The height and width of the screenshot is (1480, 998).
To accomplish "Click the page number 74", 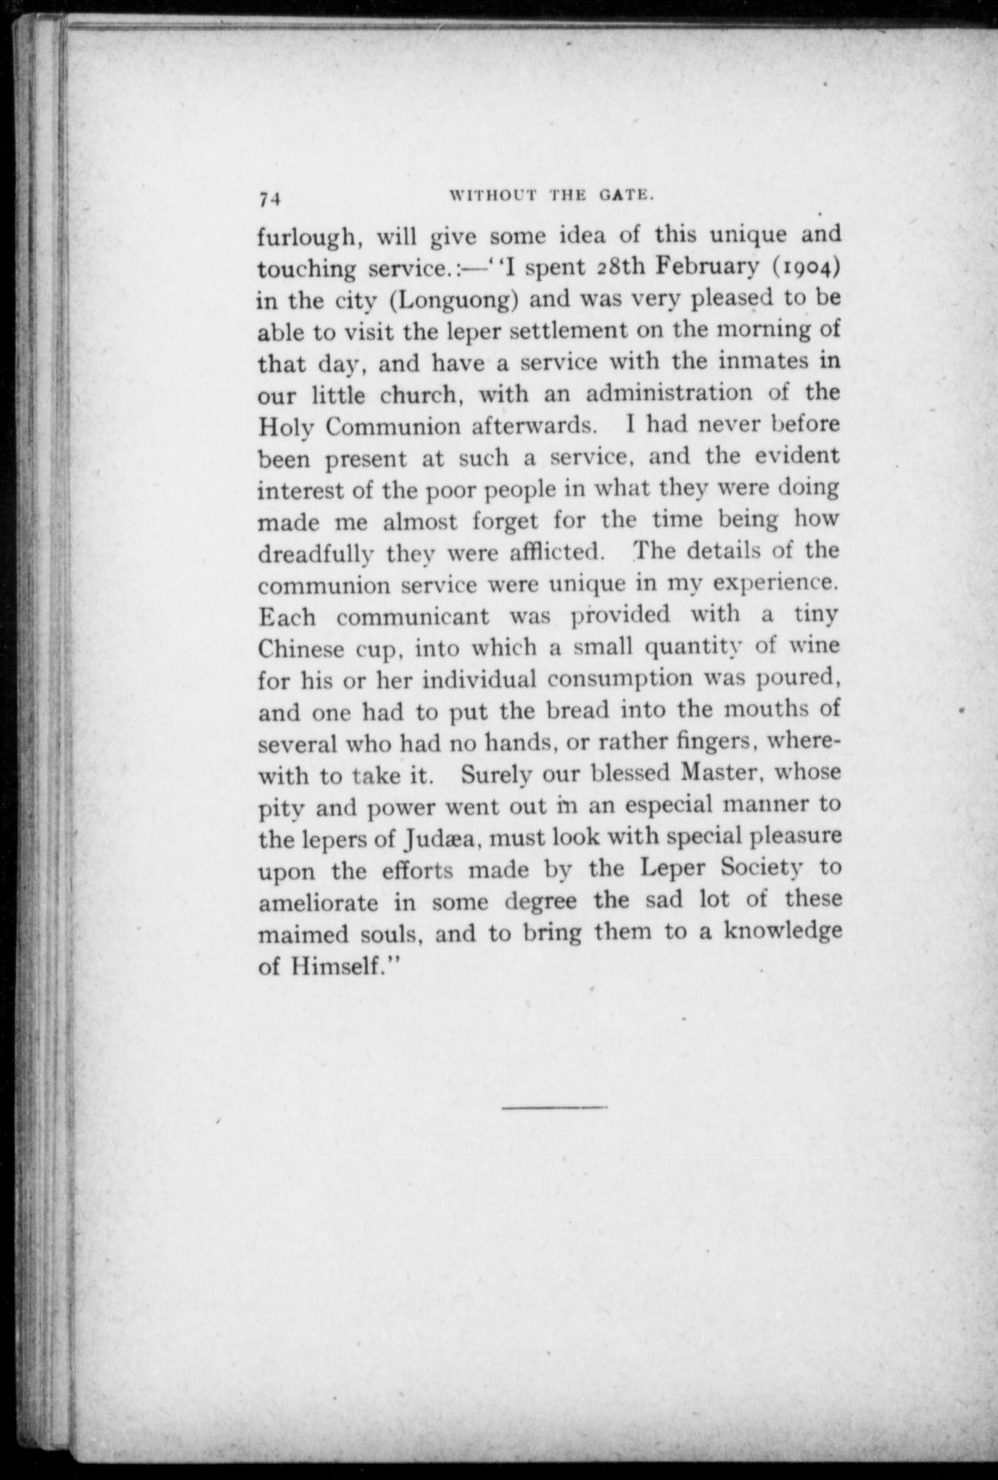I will click(269, 199).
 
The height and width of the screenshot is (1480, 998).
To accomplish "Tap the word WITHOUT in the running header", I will click(493, 194).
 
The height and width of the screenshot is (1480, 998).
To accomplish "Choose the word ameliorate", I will click(318, 903).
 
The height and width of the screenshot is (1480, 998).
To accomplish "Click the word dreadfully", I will click(316, 554).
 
